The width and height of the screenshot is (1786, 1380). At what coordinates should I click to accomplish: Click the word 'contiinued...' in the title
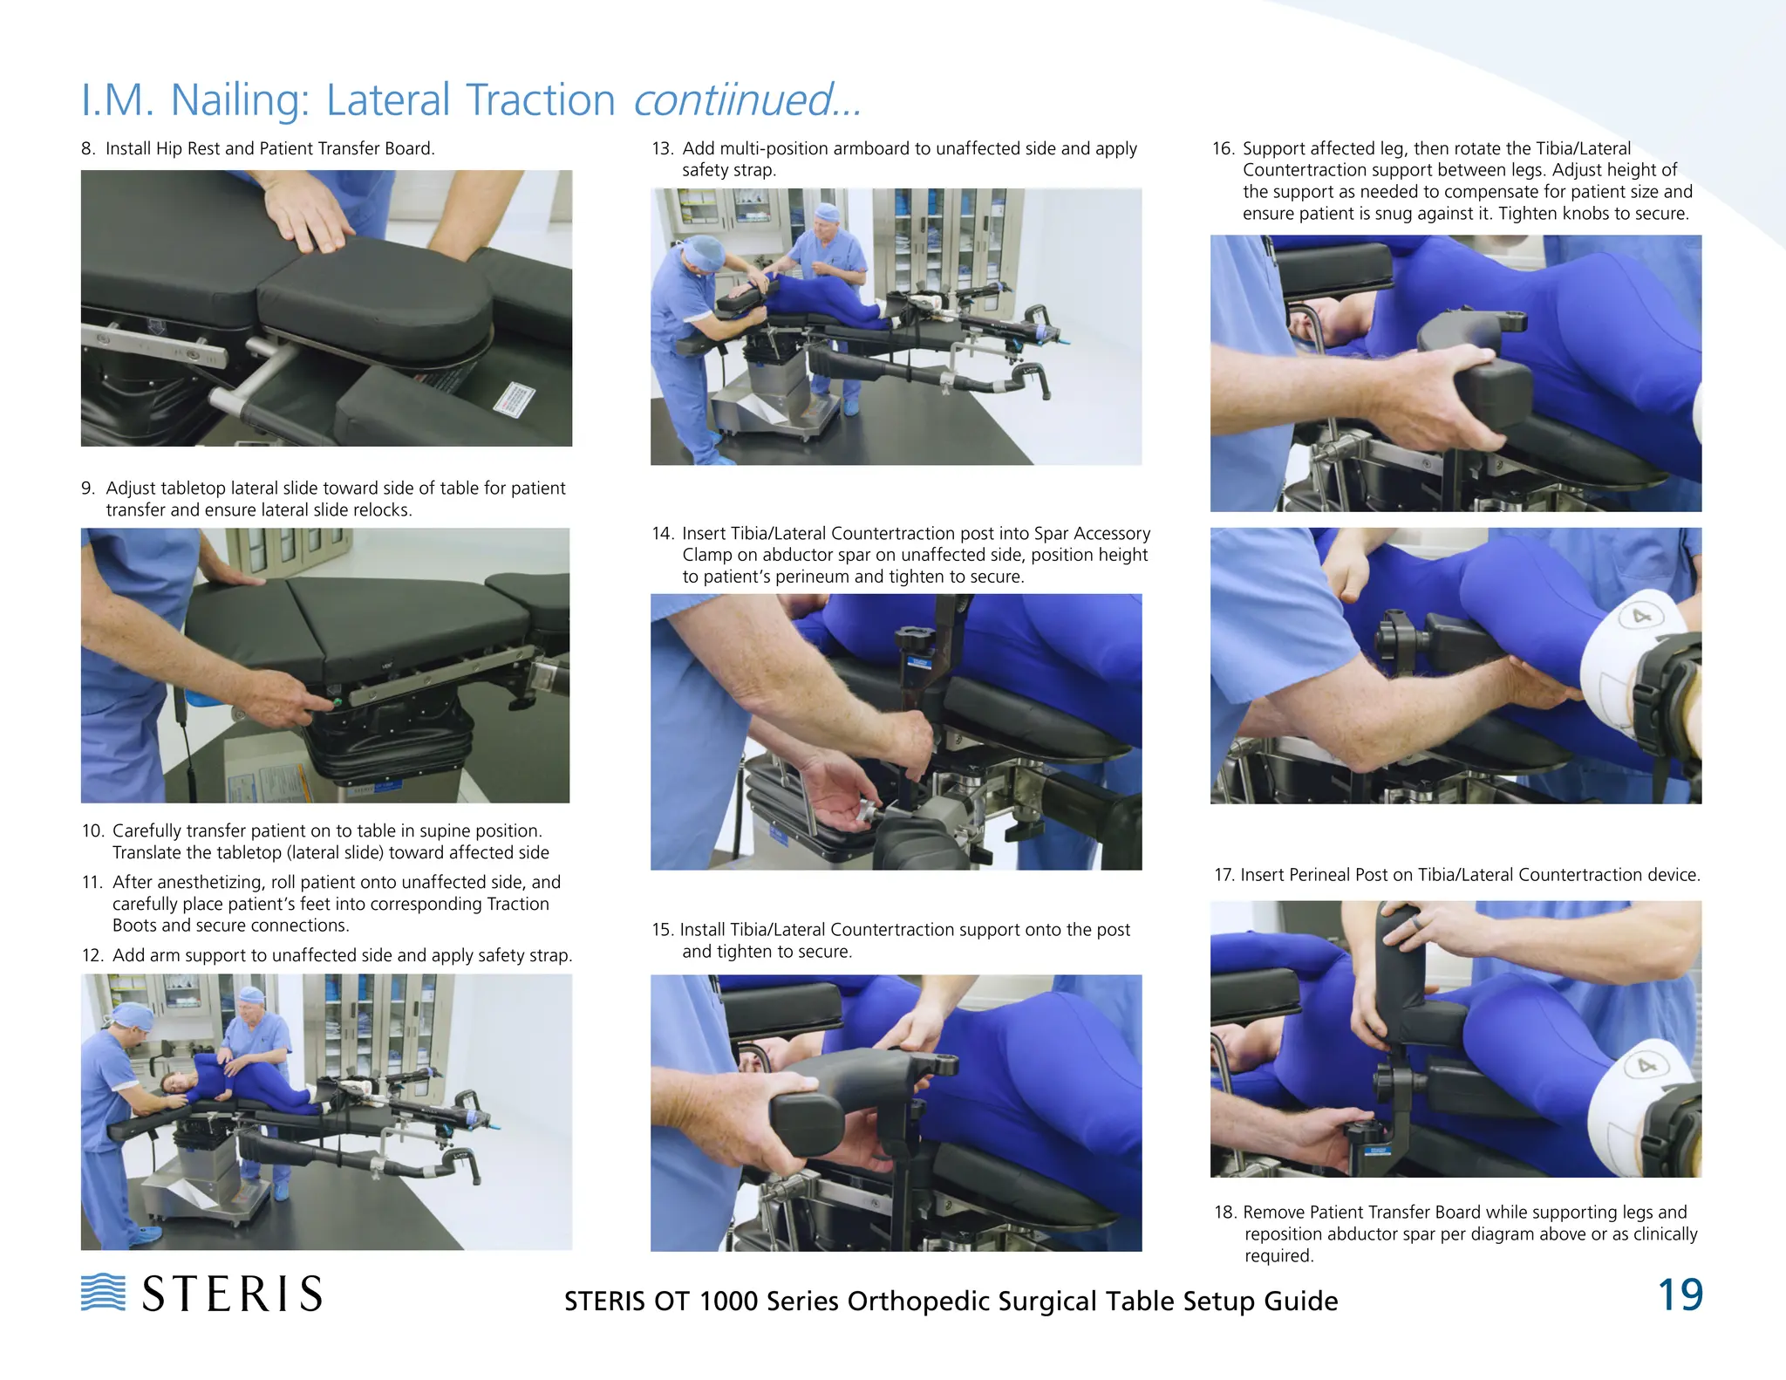click(x=747, y=99)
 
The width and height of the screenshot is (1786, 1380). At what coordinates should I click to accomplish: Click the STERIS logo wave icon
click(x=103, y=1293)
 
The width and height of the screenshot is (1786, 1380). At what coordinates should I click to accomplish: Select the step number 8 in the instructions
click(x=87, y=149)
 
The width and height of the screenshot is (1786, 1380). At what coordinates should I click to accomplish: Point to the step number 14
click(x=663, y=534)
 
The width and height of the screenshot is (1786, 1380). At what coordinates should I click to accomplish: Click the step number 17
click(x=1223, y=875)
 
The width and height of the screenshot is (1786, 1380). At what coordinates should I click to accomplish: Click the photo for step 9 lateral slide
click(x=324, y=665)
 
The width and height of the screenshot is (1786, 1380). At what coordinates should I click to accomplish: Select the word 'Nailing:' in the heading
click(x=240, y=99)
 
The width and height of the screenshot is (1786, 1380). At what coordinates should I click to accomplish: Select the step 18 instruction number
click(x=1224, y=1213)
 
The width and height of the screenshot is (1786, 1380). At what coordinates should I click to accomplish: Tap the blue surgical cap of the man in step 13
click(x=826, y=213)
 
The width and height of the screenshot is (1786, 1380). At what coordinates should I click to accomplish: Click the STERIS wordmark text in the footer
click(x=232, y=1294)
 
